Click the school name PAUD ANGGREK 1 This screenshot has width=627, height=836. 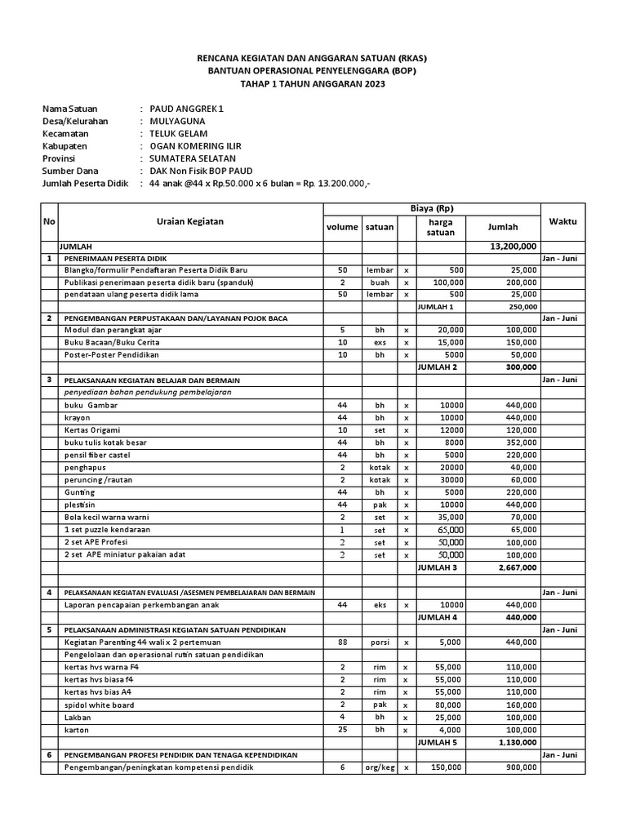[x=185, y=109]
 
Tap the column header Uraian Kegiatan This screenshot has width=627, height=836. [x=189, y=221]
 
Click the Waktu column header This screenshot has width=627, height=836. [x=563, y=221]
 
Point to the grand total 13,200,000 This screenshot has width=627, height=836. [x=512, y=246]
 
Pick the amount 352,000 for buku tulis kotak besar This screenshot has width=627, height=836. [x=519, y=442]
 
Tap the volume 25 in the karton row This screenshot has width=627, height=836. [x=343, y=729]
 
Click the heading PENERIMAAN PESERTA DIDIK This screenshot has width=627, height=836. [x=116, y=258]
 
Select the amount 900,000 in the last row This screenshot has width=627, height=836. [x=519, y=767]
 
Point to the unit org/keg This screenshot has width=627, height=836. [x=379, y=767]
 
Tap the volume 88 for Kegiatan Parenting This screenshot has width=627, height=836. [x=343, y=642]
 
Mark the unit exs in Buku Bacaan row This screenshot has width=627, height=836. [x=379, y=343]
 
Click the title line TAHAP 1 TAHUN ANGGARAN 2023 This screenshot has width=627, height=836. [x=313, y=83]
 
